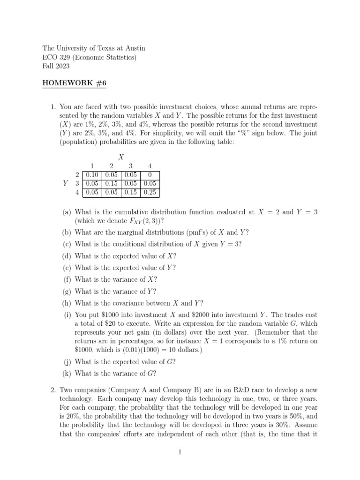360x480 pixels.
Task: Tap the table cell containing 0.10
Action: [x=92, y=175]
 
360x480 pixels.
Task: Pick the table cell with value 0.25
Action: [x=150, y=193]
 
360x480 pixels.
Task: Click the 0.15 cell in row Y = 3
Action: [x=111, y=184]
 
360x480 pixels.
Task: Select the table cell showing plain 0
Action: [x=150, y=175]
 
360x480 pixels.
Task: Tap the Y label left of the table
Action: [x=65, y=184]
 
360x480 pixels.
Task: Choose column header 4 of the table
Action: [x=150, y=166]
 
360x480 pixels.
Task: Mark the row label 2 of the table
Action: [x=77, y=175]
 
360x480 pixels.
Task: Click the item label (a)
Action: [x=67, y=212]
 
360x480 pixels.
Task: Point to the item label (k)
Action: [x=67, y=374]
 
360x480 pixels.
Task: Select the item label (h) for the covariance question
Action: [x=67, y=303]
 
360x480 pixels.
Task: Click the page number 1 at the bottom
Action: [x=180, y=452]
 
